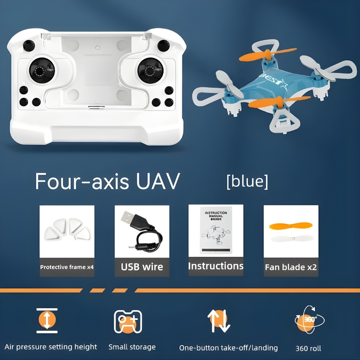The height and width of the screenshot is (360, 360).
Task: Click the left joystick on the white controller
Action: tap(42, 70)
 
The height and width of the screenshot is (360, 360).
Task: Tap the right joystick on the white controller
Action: tap(150, 70)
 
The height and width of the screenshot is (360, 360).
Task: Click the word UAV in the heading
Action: tap(158, 181)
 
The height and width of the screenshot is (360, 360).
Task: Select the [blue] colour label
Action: tap(247, 181)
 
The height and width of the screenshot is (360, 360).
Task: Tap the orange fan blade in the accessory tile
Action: tap(291, 226)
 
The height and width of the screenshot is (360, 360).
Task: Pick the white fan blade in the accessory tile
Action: tap(291, 238)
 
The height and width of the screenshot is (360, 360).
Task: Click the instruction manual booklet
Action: tap(216, 230)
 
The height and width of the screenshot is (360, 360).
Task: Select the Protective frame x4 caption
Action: tap(67, 267)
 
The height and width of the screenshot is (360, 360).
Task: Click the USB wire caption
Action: tap(142, 267)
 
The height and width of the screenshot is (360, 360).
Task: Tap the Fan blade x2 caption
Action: tap(291, 267)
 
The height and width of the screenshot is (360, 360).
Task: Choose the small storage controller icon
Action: tap(128, 321)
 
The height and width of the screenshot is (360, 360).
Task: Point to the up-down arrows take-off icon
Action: tap(219, 320)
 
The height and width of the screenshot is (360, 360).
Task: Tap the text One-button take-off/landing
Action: tap(229, 348)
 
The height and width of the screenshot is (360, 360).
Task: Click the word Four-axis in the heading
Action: tap(82, 181)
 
